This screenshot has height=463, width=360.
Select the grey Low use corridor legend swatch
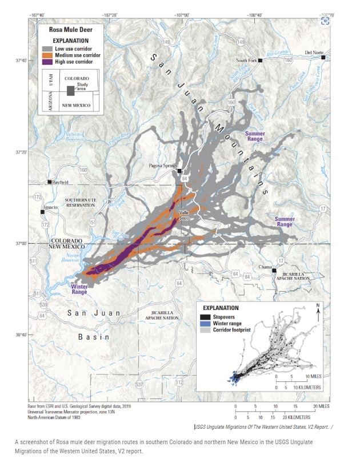coord(46,49)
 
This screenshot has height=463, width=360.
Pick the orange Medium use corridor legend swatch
coord(46,55)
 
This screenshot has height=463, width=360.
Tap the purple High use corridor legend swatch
coord(46,62)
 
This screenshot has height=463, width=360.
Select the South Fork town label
coord(247,60)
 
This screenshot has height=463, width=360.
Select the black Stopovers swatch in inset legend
coord(203,316)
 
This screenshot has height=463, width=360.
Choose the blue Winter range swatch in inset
coord(203,323)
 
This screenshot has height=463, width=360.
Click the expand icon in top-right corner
coord(325,21)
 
